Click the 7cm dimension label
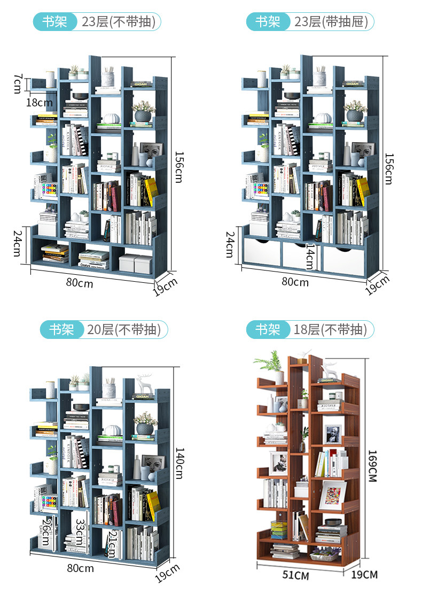(x=18, y=83)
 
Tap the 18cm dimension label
(x=40, y=102)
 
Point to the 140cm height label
(x=178, y=463)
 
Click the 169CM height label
(x=372, y=465)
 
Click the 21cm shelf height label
(x=112, y=543)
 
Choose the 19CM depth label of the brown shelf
(x=365, y=575)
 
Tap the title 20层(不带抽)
(x=124, y=330)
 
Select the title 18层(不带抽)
(x=330, y=330)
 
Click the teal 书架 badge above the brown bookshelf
(x=268, y=330)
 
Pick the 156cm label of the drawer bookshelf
(x=389, y=168)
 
